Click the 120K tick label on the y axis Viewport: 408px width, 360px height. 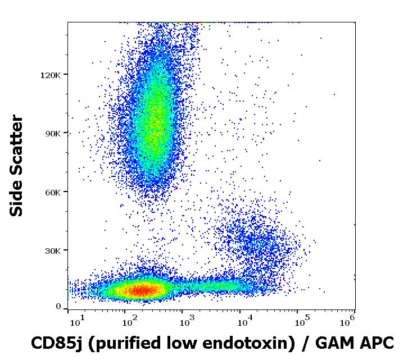(x=50, y=75)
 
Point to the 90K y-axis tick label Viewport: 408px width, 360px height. (x=53, y=134)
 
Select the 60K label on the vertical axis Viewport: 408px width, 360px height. (x=53, y=193)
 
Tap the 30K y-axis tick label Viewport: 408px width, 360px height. (x=53, y=251)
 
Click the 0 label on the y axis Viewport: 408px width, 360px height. (x=58, y=307)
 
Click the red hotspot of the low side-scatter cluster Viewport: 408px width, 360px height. (x=141, y=290)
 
